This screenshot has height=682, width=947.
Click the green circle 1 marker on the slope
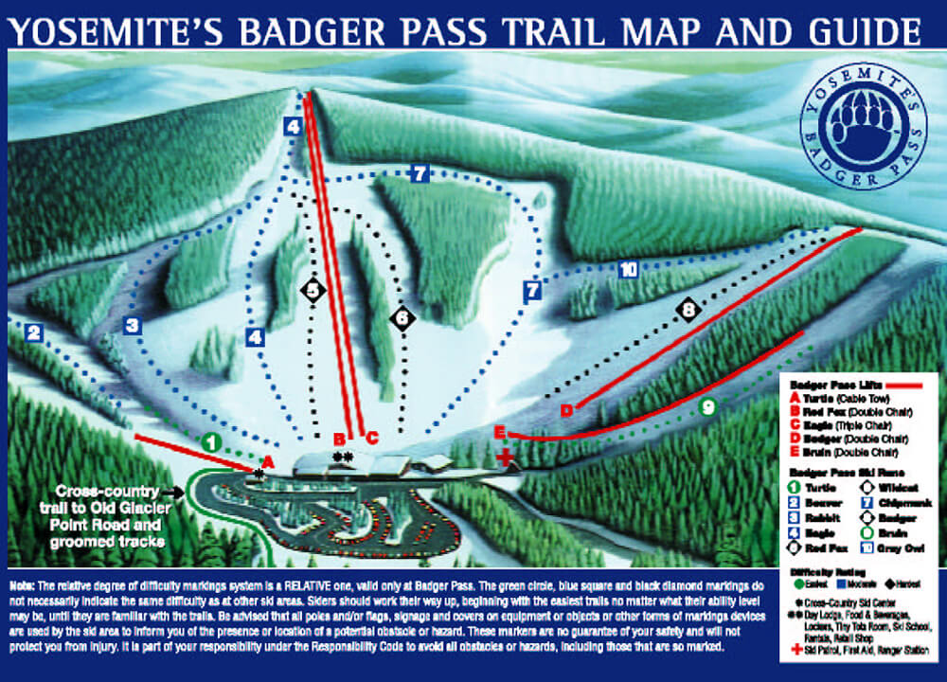(x=211, y=441)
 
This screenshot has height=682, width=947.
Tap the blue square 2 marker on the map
(x=34, y=332)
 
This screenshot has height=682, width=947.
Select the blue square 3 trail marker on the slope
(x=133, y=326)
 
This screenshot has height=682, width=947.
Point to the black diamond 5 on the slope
(x=313, y=290)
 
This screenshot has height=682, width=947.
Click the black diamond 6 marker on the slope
(x=402, y=318)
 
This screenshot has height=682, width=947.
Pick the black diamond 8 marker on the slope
(x=688, y=309)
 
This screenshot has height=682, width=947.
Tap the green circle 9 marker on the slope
(x=706, y=407)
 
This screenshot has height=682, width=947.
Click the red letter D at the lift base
(x=567, y=409)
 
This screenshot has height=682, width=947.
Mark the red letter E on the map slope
(x=499, y=432)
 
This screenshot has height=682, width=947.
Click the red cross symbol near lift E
(x=508, y=458)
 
